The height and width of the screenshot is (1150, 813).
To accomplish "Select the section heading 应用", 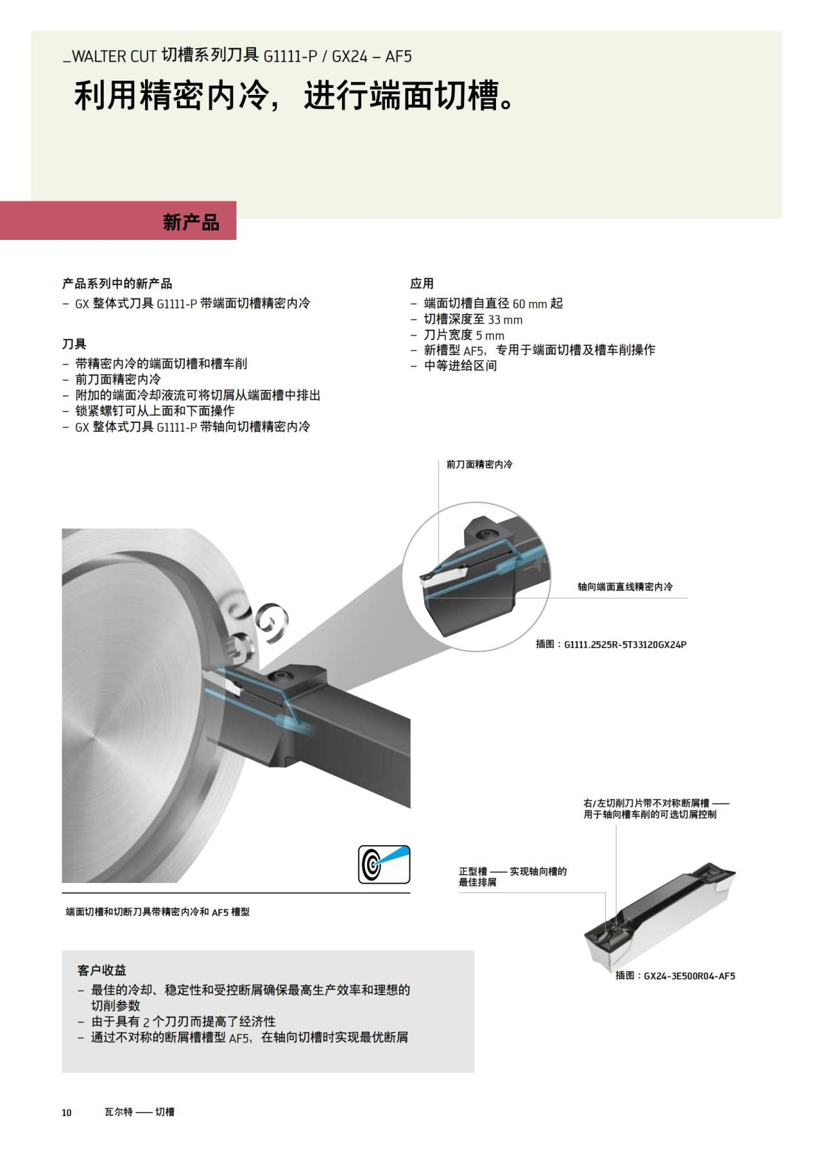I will point(421,283).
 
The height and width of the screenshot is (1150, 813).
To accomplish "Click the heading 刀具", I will point(74,344).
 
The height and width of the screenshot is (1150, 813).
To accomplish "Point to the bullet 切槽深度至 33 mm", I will point(473,320).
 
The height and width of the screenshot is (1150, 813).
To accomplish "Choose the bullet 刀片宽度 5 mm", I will point(464,335).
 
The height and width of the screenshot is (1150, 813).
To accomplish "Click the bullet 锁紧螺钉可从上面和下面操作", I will point(154,411).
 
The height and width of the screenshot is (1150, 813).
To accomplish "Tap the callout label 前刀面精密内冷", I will point(479,464).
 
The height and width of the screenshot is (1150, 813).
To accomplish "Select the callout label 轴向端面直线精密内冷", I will point(625,587).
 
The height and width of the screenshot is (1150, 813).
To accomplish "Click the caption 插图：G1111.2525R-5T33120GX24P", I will point(610,644).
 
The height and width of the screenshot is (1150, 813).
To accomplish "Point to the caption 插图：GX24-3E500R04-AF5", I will point(675,976).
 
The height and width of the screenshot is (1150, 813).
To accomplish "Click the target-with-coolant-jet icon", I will point(383,864).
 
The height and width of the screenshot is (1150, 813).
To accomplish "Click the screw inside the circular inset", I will point(485,535).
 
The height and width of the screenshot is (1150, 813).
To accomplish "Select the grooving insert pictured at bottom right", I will point(661,918).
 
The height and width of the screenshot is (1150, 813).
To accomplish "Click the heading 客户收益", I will point(102,970).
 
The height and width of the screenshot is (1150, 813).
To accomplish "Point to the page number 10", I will point(66,1112).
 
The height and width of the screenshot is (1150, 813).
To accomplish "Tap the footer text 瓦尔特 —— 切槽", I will point(139,1112).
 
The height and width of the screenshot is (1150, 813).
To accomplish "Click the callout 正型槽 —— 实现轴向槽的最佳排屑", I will point(512,876).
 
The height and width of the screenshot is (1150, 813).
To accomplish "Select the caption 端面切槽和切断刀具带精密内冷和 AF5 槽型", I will point(157,912).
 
